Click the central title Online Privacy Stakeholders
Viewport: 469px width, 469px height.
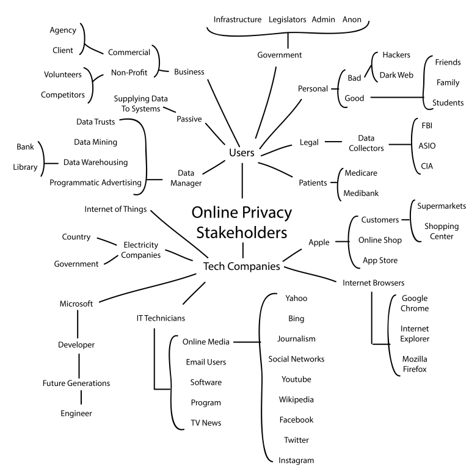pos(242,222)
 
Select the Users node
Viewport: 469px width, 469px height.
pos(241,153)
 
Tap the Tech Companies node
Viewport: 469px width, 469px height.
pos(241,266)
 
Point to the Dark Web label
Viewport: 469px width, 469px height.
pos(397,75)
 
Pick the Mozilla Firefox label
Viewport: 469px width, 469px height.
pos(415,363)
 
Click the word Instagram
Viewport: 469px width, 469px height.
pos(296,460)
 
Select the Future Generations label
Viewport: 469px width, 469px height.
pos(76,384)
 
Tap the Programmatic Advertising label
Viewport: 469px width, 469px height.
pos(95,182)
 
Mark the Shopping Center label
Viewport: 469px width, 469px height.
pos(438,231)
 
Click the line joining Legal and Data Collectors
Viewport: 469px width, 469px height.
pos(333,142)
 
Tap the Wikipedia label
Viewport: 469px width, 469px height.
pos(296,399)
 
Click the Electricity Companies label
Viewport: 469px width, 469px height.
pos(141,249)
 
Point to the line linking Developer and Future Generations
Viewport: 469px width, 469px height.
pos(78,364)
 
